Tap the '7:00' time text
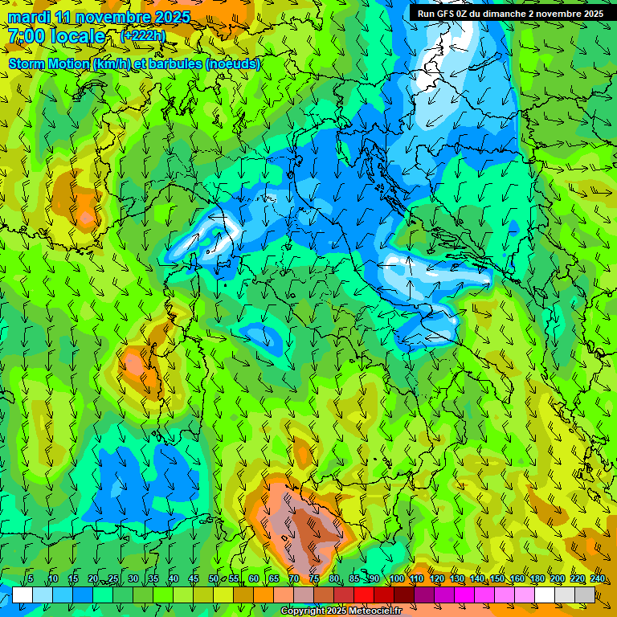click(x=27, y=36)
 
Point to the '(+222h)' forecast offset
click(x=142, y=35)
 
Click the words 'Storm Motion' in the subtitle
click(x=48, y=63)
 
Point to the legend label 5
click(x=31, y=579)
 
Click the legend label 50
click(x=214, y=579)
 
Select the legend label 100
click(x=397, y=579)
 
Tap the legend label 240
click(x=598, y=579)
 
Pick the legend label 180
click(x=537, y=579)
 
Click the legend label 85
click(x=354, y=579)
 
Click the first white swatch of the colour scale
click(x=22, y=595)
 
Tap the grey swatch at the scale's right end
click(x=585, y=595)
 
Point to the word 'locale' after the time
click(x=79, y=36)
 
